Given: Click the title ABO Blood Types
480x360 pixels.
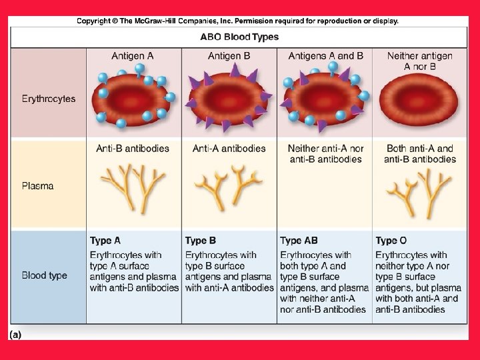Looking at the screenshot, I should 239,37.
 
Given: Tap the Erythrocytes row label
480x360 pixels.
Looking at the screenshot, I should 48,99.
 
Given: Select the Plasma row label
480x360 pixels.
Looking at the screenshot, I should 38,186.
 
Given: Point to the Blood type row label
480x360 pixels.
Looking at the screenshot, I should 44,275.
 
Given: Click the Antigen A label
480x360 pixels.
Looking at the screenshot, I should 132,56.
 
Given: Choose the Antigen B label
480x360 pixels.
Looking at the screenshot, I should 229,56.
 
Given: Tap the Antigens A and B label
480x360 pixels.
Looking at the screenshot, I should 325,56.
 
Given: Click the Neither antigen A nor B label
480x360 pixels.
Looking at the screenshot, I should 419,61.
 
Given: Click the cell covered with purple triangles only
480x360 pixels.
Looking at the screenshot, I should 229,100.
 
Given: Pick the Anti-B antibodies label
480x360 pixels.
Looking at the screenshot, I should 133,149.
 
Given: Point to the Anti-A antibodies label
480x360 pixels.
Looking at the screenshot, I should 229,149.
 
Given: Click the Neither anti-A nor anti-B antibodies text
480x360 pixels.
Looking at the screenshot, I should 325,154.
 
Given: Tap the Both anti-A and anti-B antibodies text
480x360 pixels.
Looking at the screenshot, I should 419,154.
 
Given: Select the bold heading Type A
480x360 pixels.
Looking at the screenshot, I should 105,241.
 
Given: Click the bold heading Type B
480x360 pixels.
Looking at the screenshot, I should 201,241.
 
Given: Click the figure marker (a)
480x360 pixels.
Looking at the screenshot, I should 15,334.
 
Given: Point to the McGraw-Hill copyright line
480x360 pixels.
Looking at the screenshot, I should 237,21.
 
